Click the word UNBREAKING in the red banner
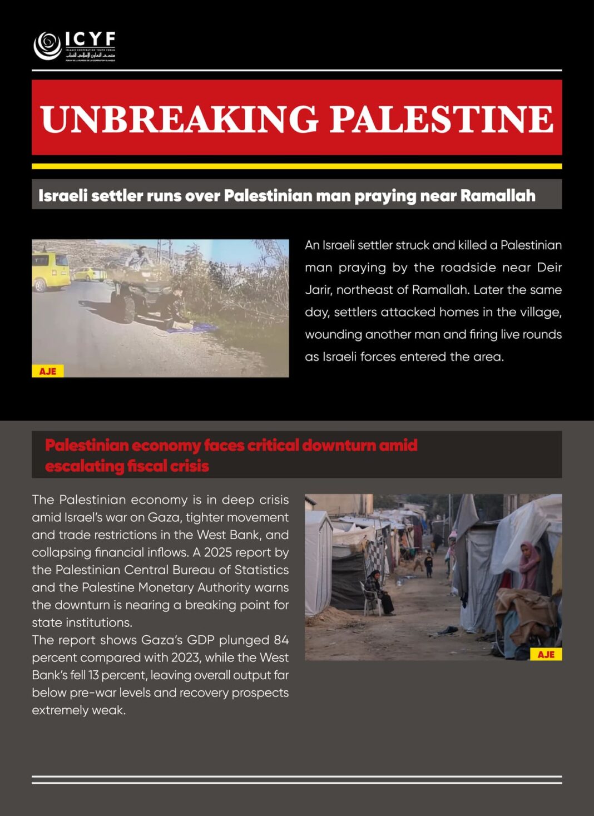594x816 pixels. [179, 118]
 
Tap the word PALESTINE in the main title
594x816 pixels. [442, 118]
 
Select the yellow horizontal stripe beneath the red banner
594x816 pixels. [296, 166]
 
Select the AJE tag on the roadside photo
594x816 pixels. [48, 371]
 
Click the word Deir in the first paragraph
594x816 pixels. [549, 268]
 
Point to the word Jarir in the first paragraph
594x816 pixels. [318, 290]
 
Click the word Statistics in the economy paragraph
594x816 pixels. [261, 570]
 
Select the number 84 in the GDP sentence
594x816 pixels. [281, 640]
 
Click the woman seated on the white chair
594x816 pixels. [379, 592]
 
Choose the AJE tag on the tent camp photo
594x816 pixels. [546, 654]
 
